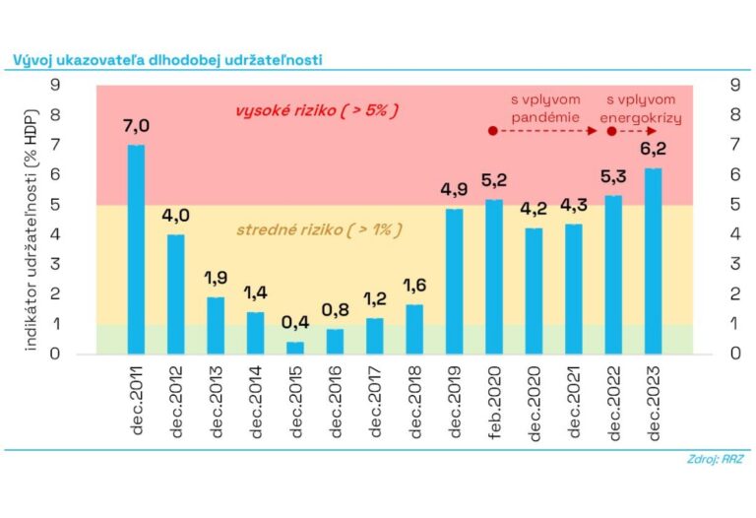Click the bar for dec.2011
[x=136, y=249]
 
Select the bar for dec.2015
[x=295, y=348]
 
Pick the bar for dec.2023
[x=653, y=261]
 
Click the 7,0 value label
[x=136, y=126]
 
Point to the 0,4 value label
[x=295, y=323]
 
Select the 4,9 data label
[x=454, y=189]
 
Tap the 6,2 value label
[x=653, y=150]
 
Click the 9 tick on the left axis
[x=56, y=86]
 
